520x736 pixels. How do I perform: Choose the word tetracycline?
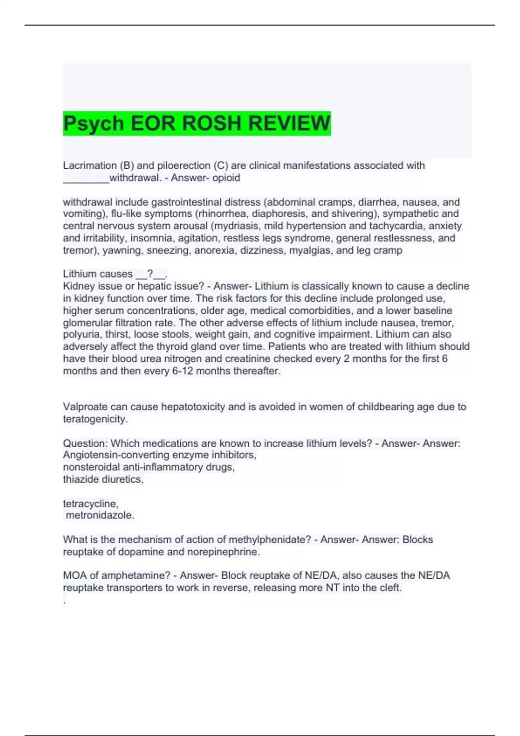pos(90,504)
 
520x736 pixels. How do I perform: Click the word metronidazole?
pos(100,515)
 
